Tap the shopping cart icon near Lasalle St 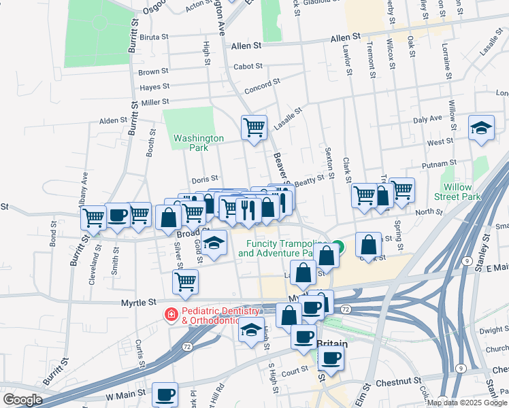click(254, 126)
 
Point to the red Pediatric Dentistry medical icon click(171, 314)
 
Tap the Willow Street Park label click(461, 192)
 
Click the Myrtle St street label click(139, 301)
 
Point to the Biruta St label click(154, 37)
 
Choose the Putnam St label click(439, 164)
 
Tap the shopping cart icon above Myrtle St click(185, 281)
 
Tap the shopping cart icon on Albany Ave click(93, 217)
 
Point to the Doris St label click(204, 178)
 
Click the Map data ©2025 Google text click(466, 403)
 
